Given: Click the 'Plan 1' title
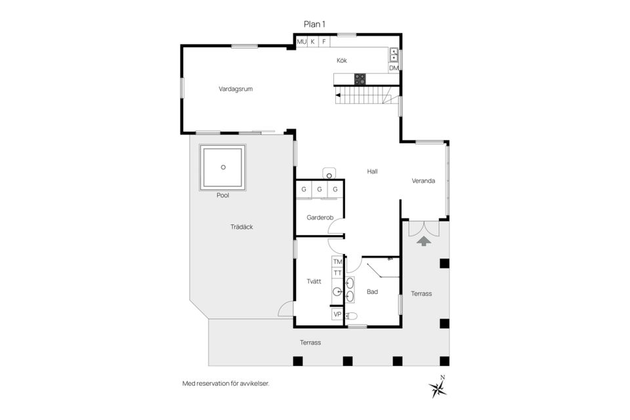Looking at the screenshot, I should coord(314,24).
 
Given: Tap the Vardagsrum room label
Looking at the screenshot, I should coord(236,89).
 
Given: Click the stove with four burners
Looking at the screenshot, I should coord(360,79).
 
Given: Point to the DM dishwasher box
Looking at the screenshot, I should coord(394,68).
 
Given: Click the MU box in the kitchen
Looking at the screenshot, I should coord(301,41).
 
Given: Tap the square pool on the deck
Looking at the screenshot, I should coord(223,167).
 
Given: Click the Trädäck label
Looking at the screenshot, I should coord(241,227).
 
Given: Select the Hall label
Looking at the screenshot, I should coord(372,171).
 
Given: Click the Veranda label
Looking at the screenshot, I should coord(423,181).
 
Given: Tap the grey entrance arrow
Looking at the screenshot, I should coord(424,241).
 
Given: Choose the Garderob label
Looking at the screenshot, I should coord(320,217).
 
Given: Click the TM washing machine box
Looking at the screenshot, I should coord(337,262).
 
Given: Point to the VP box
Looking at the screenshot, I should coord(337,314).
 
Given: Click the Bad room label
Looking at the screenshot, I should coord(372,292).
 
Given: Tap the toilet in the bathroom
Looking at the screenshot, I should coord(352,316).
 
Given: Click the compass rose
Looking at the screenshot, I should coord(438,388).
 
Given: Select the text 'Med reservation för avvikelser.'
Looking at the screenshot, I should coord(226,383).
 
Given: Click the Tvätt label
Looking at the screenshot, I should coord(314,281).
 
